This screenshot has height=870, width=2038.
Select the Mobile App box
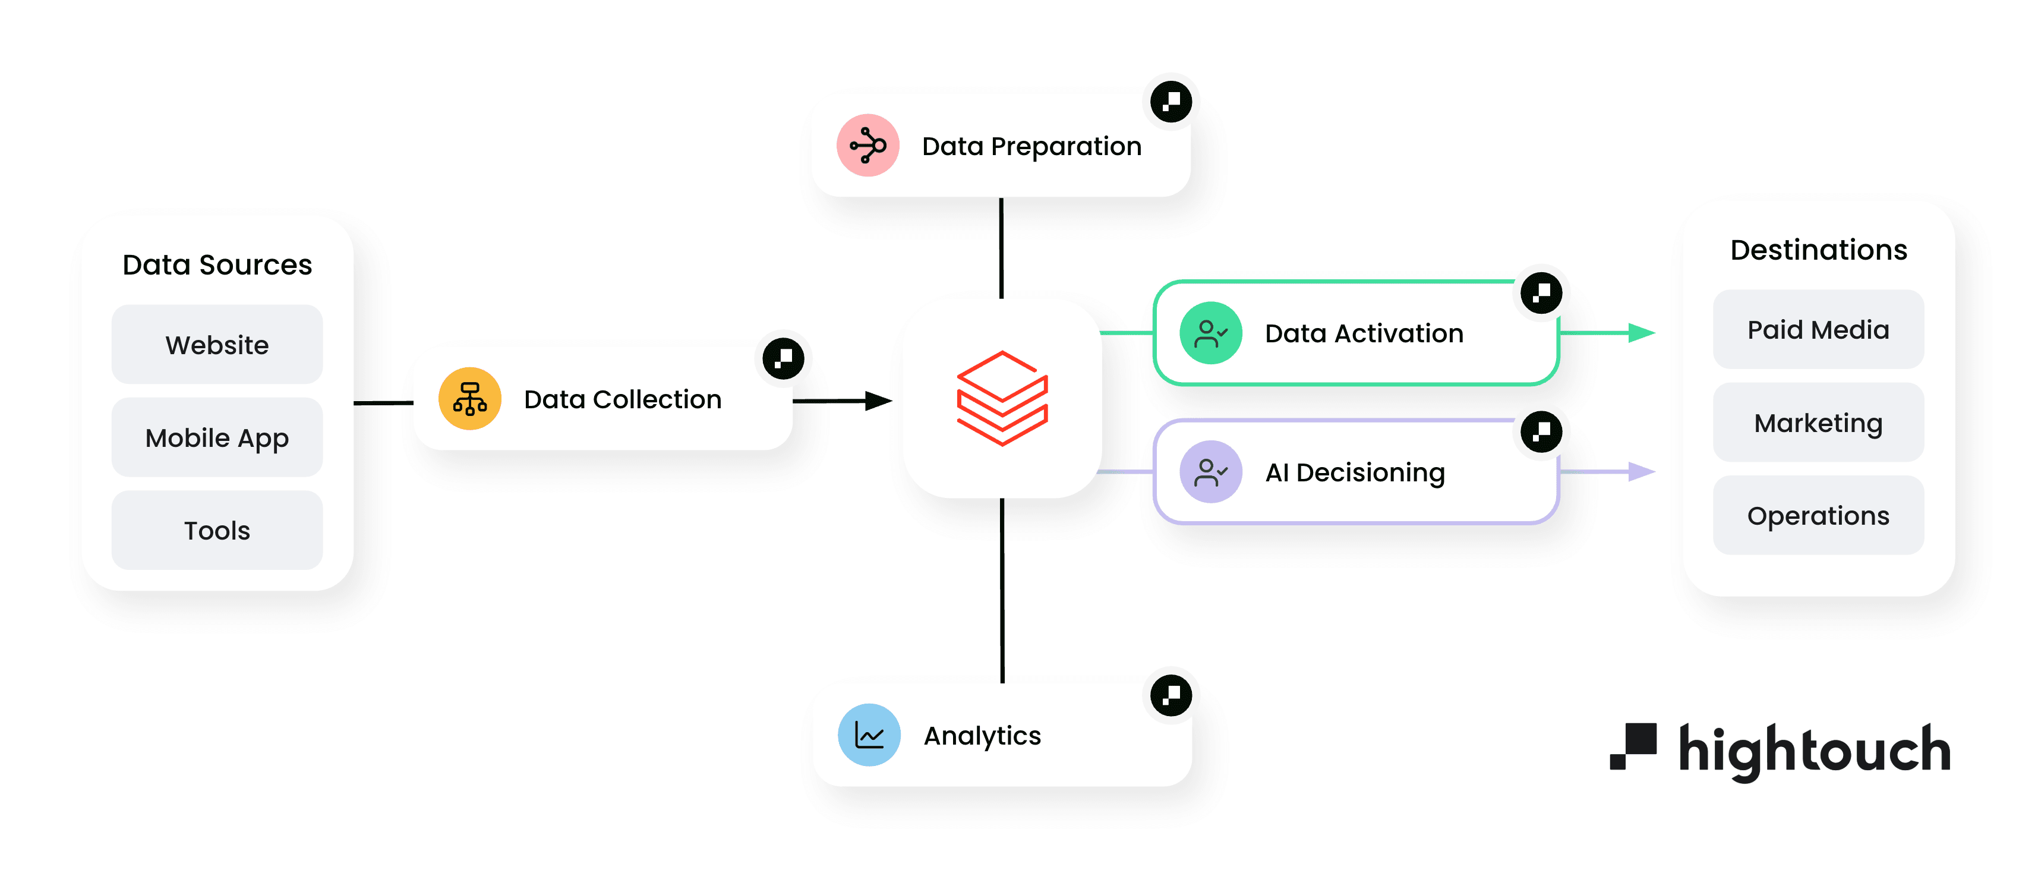[217, 438]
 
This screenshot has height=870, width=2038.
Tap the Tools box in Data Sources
[217, 531]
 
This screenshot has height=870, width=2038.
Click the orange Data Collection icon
[470, 399]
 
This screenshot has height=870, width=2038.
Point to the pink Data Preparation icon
[868, 146]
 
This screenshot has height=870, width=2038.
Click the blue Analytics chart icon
[869, 736]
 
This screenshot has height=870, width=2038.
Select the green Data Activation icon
[1210, 333]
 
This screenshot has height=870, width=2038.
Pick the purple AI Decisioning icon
[1210, 472]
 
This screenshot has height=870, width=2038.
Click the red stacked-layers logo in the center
[1002, 398]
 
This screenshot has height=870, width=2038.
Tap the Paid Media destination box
[1818, 329]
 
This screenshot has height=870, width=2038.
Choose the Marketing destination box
[1818, 423]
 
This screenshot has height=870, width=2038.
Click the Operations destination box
[1818, 515]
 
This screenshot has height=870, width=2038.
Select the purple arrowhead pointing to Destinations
[1642, 472]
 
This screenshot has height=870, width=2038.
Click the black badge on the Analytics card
[1171, 695]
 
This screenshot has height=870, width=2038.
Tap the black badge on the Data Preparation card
[1171, 102]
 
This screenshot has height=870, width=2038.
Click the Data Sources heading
[217, 264]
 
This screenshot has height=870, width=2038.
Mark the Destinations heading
[1818, 250]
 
